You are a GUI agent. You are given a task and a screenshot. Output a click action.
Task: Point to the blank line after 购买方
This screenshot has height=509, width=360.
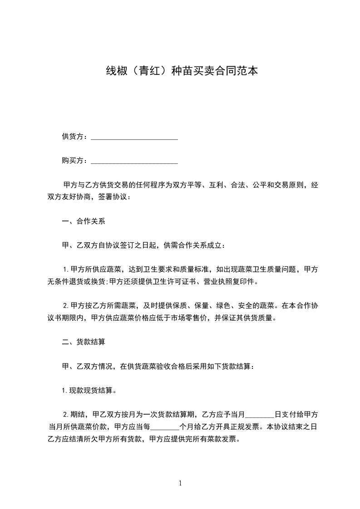click(x=134, y=162)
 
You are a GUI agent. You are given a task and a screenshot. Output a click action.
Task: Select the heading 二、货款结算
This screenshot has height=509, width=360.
click(x=84, y=342)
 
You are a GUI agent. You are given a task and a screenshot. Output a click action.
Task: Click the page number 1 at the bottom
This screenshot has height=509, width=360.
click(x=180, y=483)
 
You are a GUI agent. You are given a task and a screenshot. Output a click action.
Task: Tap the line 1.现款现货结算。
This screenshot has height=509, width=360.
click(x=89, y=390)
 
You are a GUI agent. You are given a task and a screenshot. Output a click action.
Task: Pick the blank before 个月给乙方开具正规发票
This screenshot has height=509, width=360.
click(x=165, y=427)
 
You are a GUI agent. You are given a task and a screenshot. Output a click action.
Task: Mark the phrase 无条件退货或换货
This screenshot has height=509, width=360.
click(x=77, y=282)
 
